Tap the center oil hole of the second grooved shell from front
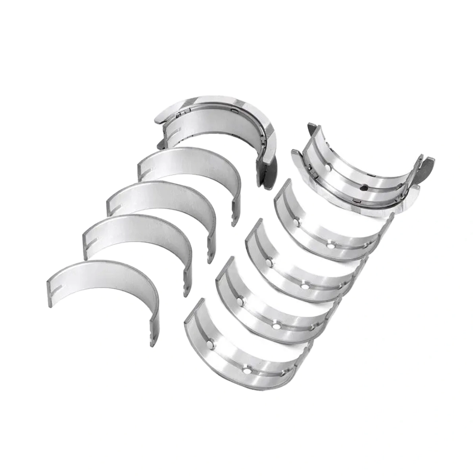click(x=276, y=326)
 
